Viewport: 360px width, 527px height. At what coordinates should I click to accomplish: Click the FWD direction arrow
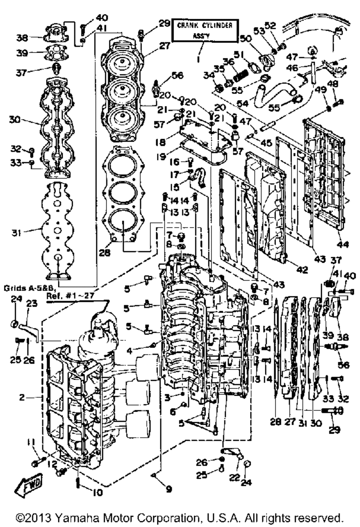[x=28, y=485]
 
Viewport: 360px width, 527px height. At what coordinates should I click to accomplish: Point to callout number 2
[x=22, y=397]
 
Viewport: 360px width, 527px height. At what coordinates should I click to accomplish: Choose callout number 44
[x=342, y=245]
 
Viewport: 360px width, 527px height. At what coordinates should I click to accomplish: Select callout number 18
[x=161, y=142]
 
